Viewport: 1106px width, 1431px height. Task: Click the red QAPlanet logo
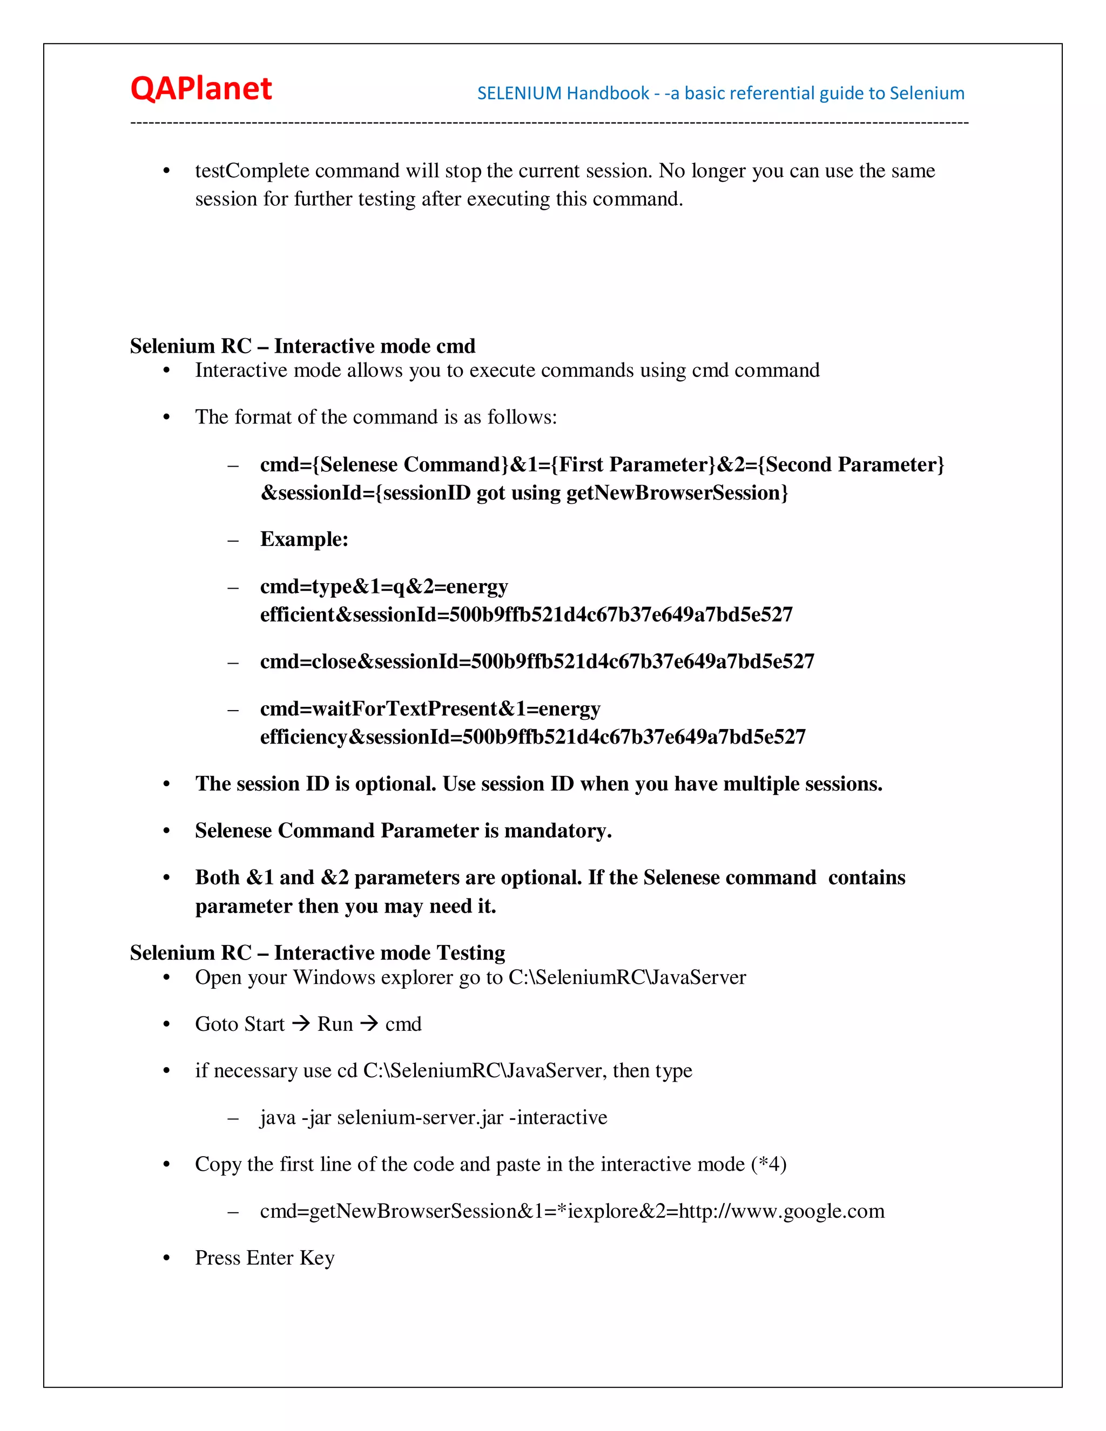click(x=200, y=89)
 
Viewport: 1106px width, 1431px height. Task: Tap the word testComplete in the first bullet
click(x=252, y=171)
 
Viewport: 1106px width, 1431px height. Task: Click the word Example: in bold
click(x=304, y=539)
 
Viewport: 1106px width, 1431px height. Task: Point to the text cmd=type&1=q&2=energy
click(x=384, y=586)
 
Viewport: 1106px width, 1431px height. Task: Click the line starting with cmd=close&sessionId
click(x=537, y=662)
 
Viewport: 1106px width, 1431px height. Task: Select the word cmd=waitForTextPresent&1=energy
click(x=430, y=709)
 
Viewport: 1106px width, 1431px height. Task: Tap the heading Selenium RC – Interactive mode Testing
click(x=317, y=953)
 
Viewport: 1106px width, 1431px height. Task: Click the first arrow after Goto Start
click(x=301, y=1023)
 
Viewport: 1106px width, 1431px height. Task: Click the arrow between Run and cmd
click(x=369, y=1023)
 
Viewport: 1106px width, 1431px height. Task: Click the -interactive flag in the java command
click(x=558, y=1118)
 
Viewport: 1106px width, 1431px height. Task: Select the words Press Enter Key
click(x=265, y=1258)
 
